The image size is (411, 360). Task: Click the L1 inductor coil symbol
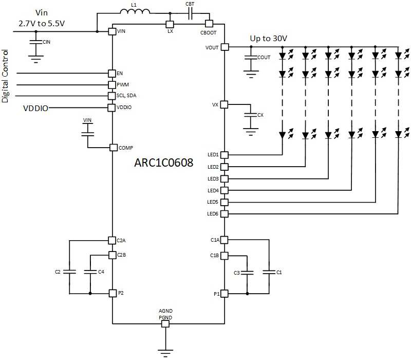(135, 13)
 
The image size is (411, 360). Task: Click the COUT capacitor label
(264, 58)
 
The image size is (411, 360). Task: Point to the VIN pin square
(112, 32)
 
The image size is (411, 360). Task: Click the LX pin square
(169, 24)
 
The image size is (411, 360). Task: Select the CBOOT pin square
(209, 24)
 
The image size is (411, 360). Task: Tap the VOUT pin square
(225, 47)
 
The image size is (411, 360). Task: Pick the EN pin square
(112, 74)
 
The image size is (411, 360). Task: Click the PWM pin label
(123, 84)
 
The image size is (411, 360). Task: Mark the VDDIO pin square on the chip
(112, 107)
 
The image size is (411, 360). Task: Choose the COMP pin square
(114, 148)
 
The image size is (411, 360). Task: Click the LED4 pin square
(225, 190)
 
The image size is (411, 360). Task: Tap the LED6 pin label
(213, 214)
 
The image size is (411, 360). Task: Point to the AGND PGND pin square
(165, 324)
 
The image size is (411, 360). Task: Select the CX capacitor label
(260, 115)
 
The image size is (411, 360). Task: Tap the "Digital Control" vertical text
(6, 76)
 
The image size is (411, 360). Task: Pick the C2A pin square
(112, 240)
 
